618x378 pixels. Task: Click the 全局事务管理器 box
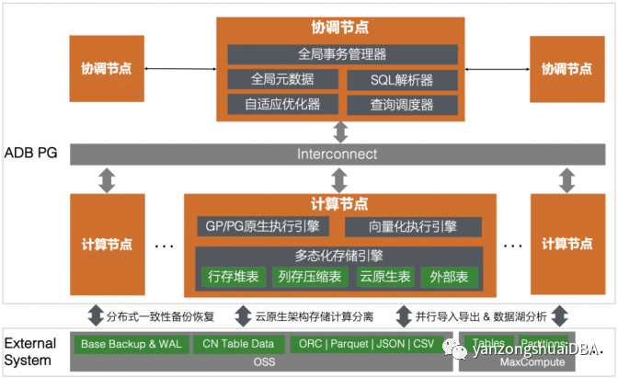coord(342,54)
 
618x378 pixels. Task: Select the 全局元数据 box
coord(283,80)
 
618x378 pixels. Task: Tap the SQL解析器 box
coord(402,80)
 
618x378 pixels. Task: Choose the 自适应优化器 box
coord(283,105)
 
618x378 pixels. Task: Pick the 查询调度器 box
coord(402,105)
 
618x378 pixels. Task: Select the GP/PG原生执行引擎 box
coord(265,226)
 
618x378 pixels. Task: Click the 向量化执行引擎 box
coord(413,226)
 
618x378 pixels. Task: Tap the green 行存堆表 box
coord(231,276)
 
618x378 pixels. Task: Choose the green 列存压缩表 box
coord(305,276)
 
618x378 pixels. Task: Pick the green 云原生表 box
coord(378,276)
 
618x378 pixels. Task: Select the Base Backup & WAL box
coord(130,344)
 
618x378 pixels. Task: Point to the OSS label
coord(264,362)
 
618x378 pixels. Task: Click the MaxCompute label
coord(518,362)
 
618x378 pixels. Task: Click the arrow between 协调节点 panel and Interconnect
coord(341,132)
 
